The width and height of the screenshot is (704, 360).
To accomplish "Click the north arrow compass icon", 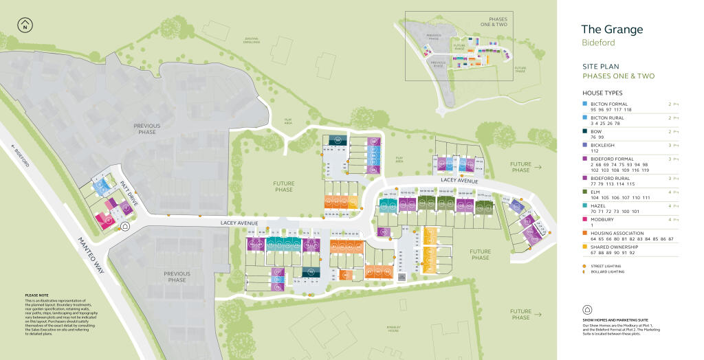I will tap(25, 25).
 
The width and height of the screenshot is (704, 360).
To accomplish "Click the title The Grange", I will tap(612, 30).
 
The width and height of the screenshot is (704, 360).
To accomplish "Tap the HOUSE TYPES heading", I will tap(602, 93).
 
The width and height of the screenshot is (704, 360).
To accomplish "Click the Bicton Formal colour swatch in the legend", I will tap(584, 103).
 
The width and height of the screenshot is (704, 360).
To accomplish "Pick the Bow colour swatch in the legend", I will tap(584, 131).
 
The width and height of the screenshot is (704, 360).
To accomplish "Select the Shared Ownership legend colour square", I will tap(584, 247).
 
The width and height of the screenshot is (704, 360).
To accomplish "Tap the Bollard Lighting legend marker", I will tap(584, 271).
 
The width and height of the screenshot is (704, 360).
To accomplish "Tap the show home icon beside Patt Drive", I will tap(125, 225).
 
